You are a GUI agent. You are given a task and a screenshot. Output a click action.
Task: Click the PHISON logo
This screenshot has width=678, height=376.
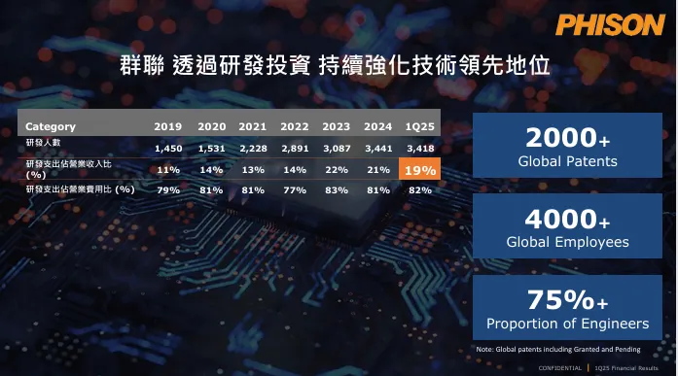(610, 24)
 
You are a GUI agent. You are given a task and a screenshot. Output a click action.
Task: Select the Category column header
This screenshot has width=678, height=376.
(51, 126)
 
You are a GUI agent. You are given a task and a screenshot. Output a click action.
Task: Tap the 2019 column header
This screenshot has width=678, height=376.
(167, 126)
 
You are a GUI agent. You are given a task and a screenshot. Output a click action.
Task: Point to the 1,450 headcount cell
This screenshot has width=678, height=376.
(167, 148)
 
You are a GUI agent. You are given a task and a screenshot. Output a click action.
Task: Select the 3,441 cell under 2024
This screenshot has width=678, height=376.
(378, 148)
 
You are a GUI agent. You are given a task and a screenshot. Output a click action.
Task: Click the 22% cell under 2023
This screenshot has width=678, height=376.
(337, 170)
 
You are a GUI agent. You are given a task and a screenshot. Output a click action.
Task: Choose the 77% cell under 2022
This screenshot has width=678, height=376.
(295, 189)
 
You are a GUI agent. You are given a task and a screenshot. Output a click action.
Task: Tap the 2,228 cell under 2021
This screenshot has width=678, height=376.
(252, 148)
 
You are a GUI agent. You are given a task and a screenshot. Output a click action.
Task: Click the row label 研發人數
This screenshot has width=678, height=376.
(41, 143)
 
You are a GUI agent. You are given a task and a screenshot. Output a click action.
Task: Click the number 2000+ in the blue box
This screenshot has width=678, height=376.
(568, 138)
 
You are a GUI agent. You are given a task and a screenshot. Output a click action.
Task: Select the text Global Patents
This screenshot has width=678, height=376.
(568, 161)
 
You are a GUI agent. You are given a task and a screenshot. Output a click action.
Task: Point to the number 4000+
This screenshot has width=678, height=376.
(568, 220)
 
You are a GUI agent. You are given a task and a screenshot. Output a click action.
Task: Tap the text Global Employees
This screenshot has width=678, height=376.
(568, 242)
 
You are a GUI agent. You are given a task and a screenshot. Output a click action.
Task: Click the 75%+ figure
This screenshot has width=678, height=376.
(568, 299)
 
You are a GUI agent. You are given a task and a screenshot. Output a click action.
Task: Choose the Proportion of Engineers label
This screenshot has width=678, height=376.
(568, 323)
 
